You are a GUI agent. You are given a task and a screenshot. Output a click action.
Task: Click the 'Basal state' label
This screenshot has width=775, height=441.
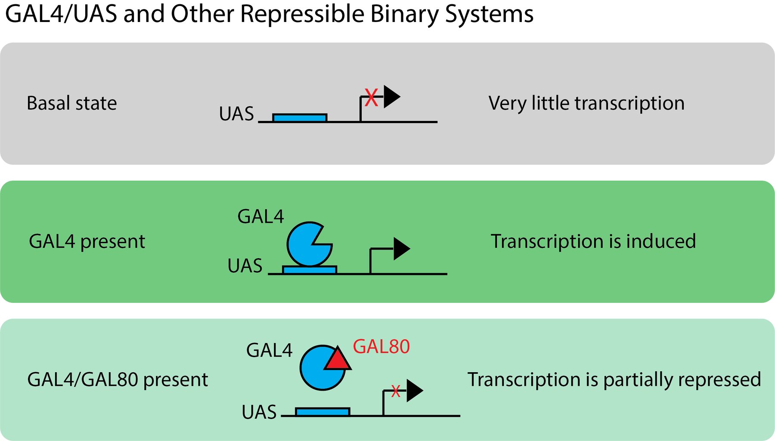click(x=71, y=103)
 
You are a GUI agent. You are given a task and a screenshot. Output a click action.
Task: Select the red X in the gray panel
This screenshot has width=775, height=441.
click(x=371, y=97)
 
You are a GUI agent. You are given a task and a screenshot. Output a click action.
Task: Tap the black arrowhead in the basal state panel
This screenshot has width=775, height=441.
click(x=391, y=97)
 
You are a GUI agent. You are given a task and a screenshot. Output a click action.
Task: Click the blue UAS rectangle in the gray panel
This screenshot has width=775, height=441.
click(x=300, y=117)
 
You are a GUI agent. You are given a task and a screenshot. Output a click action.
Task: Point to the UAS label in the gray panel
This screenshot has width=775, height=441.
click(x=236, y=114)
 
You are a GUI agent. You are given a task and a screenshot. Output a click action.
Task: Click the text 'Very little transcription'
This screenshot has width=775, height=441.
click(x=586, y=103)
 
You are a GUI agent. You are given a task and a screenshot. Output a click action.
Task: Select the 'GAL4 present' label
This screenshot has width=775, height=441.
click(x=87, y=241)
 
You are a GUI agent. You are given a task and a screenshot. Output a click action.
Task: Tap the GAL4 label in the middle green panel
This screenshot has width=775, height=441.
click(x=260, y=216)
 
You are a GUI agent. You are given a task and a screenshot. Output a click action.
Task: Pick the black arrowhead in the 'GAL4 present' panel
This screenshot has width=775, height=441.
click(x=401, y=249)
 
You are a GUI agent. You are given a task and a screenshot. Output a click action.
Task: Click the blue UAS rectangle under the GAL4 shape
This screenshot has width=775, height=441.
click(x=309, y=270)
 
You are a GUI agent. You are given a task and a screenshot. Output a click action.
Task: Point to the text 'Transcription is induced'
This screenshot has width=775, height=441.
click(x=593, y=241)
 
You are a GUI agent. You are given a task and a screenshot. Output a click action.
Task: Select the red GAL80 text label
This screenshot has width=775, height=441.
click(x=381, y=347)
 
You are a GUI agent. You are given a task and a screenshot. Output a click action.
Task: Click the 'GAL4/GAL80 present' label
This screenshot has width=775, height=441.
click(x=118, y=379)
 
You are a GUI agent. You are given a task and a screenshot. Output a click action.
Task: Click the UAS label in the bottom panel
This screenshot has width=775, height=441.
click(x=259, y=412)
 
